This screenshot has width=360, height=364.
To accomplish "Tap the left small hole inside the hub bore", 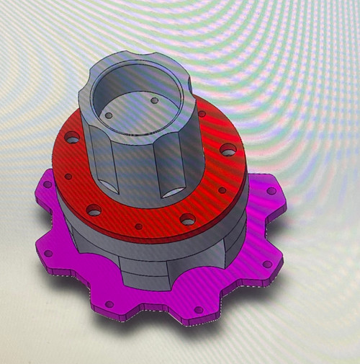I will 109,115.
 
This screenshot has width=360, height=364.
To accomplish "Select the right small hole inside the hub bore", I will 153,101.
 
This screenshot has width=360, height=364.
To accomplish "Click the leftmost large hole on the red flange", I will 72,136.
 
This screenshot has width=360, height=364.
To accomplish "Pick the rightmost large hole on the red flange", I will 228,150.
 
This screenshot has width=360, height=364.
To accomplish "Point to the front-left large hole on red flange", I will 94,210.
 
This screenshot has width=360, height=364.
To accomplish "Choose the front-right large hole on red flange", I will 187,218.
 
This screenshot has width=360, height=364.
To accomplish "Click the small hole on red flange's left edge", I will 68,176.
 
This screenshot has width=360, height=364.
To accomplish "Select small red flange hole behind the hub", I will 202,114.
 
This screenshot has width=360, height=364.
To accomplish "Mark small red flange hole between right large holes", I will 222,191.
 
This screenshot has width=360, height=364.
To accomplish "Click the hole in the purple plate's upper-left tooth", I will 48,185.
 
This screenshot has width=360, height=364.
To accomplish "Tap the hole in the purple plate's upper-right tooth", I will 271,191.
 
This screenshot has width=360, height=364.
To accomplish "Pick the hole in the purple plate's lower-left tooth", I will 48,254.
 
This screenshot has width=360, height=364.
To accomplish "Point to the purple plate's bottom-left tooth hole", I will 109,303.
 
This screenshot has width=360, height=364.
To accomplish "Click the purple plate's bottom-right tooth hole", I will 199,310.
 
